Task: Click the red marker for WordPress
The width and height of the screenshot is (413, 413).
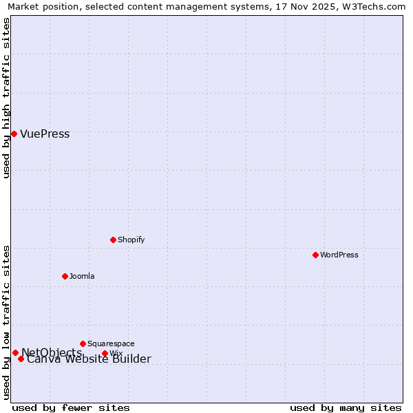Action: click(315, 255)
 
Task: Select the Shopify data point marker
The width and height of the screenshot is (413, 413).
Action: click(113, 240)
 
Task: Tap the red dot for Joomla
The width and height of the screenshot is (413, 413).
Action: click(65, 276)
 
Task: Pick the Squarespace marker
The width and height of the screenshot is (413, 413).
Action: click(83, 343)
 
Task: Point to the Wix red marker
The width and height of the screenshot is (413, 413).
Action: click(105, 354)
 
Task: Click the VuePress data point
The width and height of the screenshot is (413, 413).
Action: click(14, 134)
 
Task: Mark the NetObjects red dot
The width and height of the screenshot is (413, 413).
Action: click(15, 352)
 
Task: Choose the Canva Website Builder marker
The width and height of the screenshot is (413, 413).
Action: click(21, 359)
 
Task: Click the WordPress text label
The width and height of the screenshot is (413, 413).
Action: click(339, 255)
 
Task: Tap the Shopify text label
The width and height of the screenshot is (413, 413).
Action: click(131, 240)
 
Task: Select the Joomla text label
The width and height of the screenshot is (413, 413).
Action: click(82, 276)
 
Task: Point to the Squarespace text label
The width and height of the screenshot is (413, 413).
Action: click(111, 343)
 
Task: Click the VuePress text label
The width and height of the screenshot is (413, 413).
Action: click(45, 134)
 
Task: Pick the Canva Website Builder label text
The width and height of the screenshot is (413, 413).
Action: click(89, 359)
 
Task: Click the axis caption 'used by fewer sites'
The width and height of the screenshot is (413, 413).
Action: click(71, 407)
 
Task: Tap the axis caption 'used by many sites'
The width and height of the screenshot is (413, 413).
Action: click(346, 407)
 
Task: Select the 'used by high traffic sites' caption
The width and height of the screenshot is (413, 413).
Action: click(7, 98)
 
